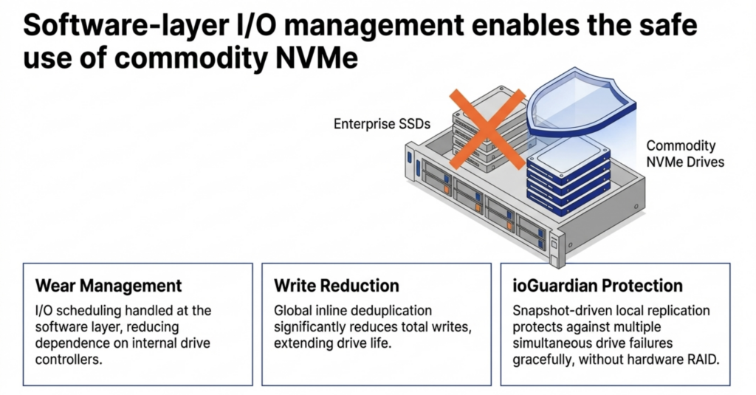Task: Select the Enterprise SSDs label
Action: [x=379, y=123]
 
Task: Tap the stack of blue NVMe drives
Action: [x=568, y=181]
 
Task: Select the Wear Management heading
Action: [x=109, y=286]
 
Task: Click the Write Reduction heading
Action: [x=337, y=286]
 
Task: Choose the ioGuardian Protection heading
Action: [x=597, y=286]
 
